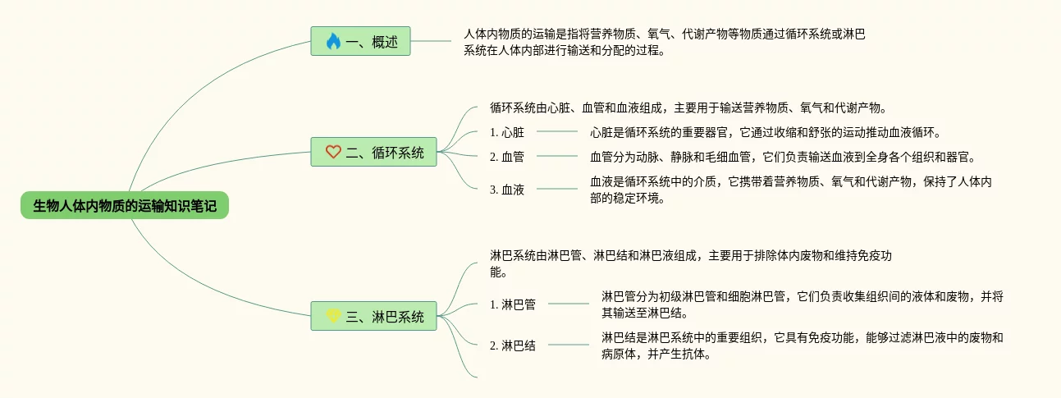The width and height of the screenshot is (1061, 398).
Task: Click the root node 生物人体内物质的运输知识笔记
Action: [x=125, y=206]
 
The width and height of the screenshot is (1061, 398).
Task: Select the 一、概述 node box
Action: [x=360, y=42]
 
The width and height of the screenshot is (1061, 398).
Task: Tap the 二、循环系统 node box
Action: [x=373, y=152]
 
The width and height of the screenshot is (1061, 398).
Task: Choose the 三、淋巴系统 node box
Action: [x=373, y=317]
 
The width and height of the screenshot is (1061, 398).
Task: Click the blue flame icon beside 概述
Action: [x=332, y=42]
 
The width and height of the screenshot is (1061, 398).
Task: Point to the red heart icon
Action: [x=332, y=152]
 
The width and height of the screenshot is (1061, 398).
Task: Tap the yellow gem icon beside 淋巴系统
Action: [x=332, y=317]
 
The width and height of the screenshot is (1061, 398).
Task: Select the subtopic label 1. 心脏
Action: [x=507, y=131]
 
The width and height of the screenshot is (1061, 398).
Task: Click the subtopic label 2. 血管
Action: [x=507, y=157]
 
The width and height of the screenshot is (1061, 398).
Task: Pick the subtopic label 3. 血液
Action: [x=507, y=190]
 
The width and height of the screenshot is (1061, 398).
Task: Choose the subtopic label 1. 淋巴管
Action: [x=513, y=304]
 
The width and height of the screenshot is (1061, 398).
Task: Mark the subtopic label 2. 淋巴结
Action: [x=513, y=345]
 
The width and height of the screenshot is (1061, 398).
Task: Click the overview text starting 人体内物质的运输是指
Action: [x=665, y=42]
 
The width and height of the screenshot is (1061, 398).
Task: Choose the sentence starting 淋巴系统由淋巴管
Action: [x=689, y=263]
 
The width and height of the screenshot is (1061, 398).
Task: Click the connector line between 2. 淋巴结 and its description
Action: [x=568, y=345]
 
